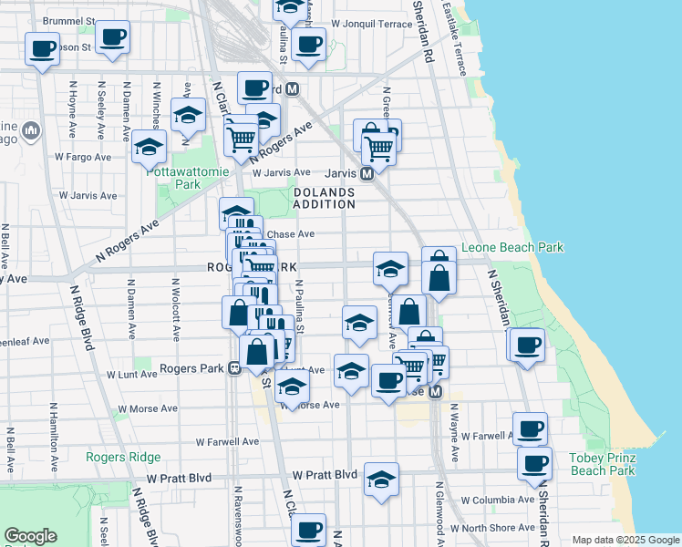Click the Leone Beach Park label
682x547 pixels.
511,247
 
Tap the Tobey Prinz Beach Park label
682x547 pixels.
602,464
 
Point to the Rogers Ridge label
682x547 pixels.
123,457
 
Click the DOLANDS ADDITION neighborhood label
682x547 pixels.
325,198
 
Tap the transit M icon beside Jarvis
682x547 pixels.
367,173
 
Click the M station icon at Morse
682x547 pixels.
435,392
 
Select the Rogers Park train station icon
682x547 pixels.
234,369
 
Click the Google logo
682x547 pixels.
31,536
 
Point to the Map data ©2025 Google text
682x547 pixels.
625,540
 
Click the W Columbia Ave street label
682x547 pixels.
497,501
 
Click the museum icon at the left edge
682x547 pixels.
31,131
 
